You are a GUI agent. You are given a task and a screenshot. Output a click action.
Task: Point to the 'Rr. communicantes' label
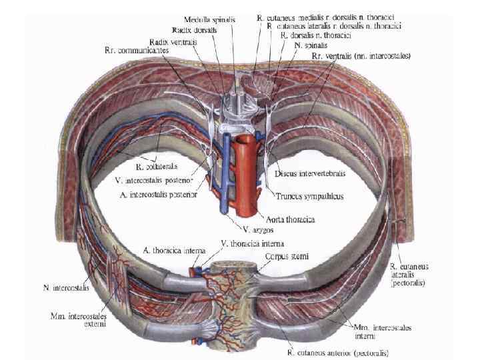click(138, 51)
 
